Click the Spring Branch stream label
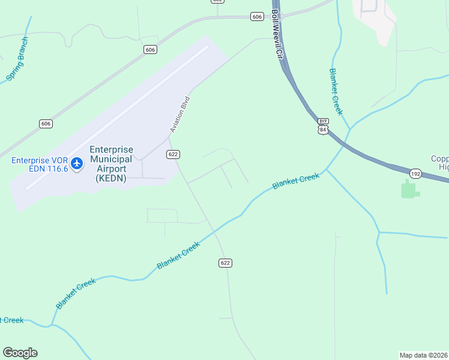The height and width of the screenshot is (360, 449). pyautogui.click(x=17, y=59)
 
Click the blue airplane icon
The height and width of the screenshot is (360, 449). pyautogui.click(x=77, y=163)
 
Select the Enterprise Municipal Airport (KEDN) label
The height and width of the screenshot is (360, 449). pyautogui.click(x=111, y=164)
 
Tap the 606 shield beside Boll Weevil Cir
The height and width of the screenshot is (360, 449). pyautogui.click(x=257, y=17)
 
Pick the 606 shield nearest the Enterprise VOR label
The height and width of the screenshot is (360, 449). pyautogui.click(x=46, y=124)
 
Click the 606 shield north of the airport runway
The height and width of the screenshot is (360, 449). pyautogui.click(x=151, y=49)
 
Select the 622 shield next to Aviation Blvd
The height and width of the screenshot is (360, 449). pyautogui.click(x=173, y=154)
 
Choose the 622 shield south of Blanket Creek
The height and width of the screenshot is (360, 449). pyautogui.click(x=225, y=263)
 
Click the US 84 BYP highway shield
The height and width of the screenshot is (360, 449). pyautogui.click(x=324, y=127)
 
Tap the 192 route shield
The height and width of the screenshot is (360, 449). pyautogui.click(x=415, y=173)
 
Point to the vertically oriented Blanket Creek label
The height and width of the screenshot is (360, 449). pyautogui.click(x=336, y=91)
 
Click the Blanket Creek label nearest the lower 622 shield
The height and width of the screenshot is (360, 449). pyautogui.click(x=178, y=256)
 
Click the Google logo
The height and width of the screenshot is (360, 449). pyautogui.click(x=20, y=353)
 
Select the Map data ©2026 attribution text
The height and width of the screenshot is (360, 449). pyautogui.click(x=424, y=355)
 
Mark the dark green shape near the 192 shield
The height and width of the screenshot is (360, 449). pyautogui.click(x=409, y=190)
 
